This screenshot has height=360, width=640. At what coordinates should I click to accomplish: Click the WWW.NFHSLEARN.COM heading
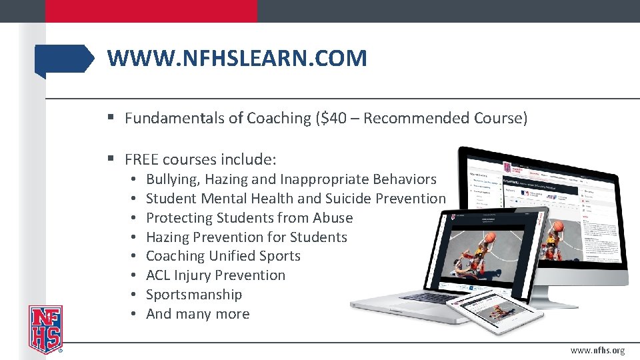click(x=237, y=59)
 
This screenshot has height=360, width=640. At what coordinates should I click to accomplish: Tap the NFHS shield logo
click(x=45, y=329)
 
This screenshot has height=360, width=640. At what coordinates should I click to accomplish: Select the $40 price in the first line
click(x=331, y=119)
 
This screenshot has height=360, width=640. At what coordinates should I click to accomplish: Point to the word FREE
click(x=141, y=160)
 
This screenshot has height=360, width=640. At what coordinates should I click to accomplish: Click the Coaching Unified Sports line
click(x=223, y=256)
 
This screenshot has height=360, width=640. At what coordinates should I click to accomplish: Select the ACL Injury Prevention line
click(x=215, y=275)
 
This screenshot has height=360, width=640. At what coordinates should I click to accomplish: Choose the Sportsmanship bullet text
click(x=194, y=295)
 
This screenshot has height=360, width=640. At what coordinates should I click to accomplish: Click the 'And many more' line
click(x=197, y=314)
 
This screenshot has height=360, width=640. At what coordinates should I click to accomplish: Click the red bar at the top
click(x=151, y=11)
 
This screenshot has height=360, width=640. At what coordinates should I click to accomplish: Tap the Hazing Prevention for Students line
click(x=246, y=237)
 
